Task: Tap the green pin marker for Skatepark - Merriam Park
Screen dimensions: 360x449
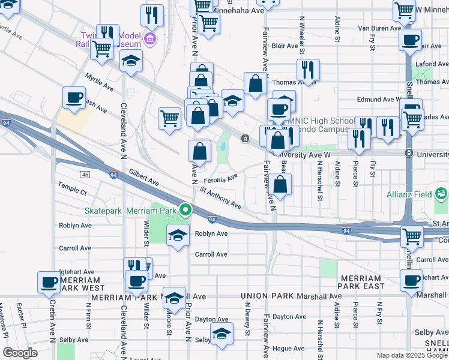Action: tap(185, 211)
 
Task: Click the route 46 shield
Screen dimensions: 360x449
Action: tap(85, 175)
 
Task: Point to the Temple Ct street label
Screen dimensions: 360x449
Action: tap(73, 190)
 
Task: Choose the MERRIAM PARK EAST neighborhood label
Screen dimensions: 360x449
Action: tap(361, 283)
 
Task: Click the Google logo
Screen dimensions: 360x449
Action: tap(20, 353)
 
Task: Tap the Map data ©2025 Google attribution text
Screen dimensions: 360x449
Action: tap(412, 355)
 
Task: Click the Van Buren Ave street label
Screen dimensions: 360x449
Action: tap(379, 28)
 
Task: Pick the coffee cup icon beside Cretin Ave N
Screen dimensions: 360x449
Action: tap(50, 281)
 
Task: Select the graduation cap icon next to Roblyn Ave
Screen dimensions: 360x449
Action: tap(178, 235)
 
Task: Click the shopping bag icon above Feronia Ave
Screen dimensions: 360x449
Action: tap(200, 151)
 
